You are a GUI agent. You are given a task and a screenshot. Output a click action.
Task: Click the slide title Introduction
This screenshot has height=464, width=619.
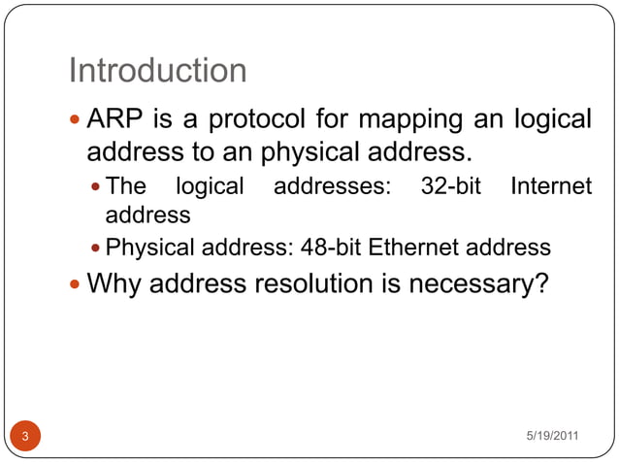(158, 71)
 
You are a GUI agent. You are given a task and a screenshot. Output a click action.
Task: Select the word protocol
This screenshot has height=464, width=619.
(262, 120)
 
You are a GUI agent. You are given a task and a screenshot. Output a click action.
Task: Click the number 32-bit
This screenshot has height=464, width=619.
(451, 186)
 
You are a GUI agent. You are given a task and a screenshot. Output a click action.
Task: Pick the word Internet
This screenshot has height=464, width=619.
(550, 186)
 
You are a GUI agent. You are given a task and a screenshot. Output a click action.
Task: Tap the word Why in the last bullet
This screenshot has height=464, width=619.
(114, 284)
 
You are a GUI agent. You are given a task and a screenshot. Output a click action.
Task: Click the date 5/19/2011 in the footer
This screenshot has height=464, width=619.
(553, 435)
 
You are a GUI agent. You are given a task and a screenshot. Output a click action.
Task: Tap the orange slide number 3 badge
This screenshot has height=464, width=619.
(26, 437)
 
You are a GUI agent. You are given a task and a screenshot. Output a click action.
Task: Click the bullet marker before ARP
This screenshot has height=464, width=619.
(77, 121)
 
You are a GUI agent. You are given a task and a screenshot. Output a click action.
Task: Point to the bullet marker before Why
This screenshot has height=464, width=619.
(77, 285)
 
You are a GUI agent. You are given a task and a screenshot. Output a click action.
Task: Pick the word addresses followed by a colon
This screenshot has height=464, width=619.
(332, 186)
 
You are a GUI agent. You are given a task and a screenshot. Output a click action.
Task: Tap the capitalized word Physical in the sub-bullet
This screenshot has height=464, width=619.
(144, 248)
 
